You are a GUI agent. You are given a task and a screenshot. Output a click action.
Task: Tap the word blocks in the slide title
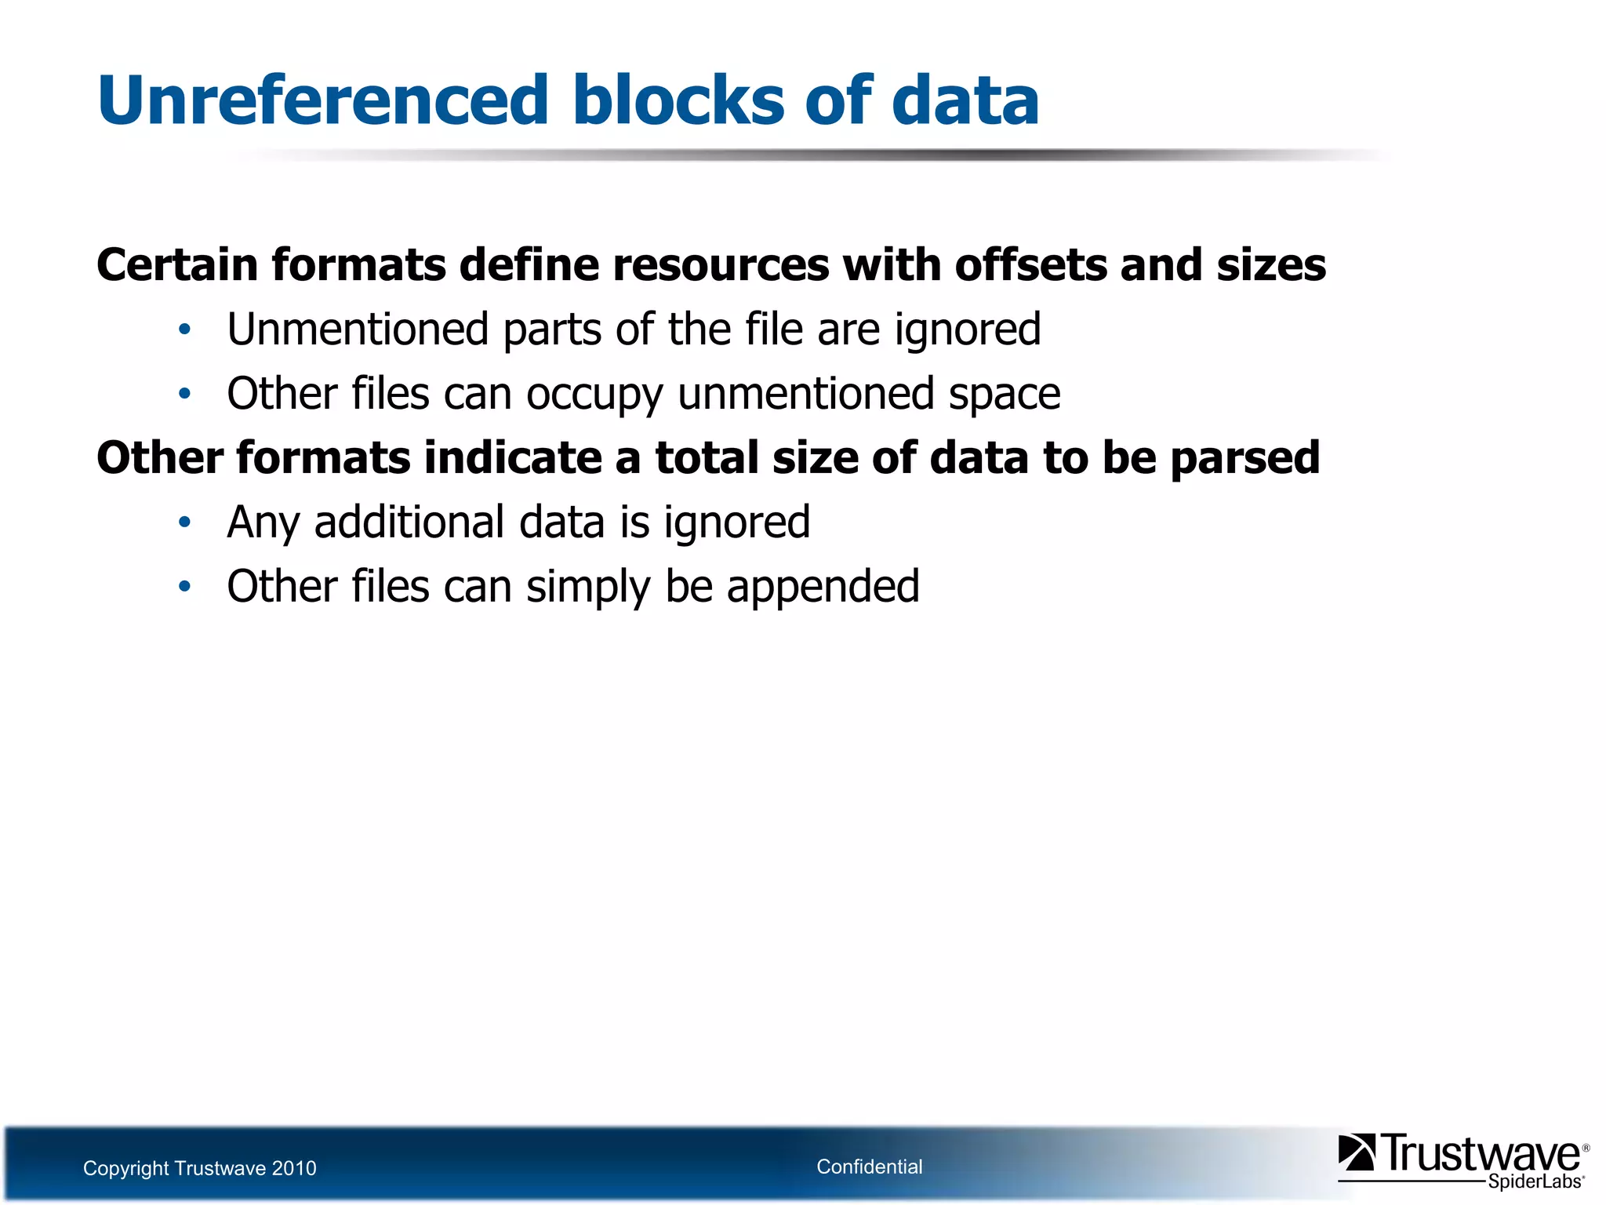pos(678,100)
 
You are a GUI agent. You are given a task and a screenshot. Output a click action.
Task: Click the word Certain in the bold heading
pos(177,265)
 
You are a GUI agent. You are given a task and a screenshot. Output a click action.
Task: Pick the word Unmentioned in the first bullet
pos(358,329)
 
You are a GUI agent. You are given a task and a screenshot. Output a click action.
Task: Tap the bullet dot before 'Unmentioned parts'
pos(184,330)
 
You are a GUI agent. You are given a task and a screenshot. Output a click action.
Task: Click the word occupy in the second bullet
pos(594,394)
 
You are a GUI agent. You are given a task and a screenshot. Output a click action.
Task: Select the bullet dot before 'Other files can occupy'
pos(184,395)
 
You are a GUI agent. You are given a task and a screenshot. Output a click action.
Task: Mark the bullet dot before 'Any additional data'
pos(184,523)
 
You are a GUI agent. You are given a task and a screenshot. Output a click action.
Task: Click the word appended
pos(823,587)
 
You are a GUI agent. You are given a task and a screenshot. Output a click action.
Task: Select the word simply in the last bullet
pos(588,587)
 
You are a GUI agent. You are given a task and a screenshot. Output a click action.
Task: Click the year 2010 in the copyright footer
pos(293,1169)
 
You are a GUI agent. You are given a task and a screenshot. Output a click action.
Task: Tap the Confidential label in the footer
pos(869,1167)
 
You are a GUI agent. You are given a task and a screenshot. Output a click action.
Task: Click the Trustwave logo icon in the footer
pos(1356,1153)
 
